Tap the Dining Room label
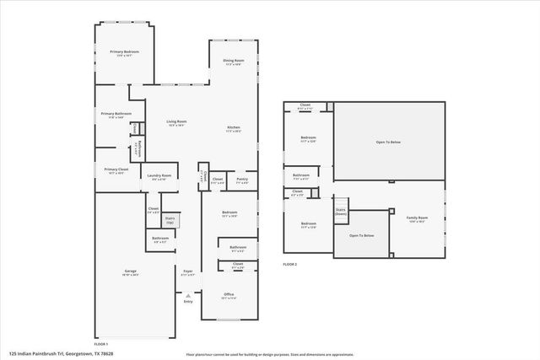coord(234,62)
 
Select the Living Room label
coord(176,123)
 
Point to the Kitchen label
coord(234,129)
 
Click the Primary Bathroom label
coord(116,115)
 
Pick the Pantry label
coord(242,180)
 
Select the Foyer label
coord(188,272)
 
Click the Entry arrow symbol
coord(187,296)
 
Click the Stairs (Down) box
coord(341,212)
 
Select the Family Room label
coord(417,219)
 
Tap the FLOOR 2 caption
coord(290,264)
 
